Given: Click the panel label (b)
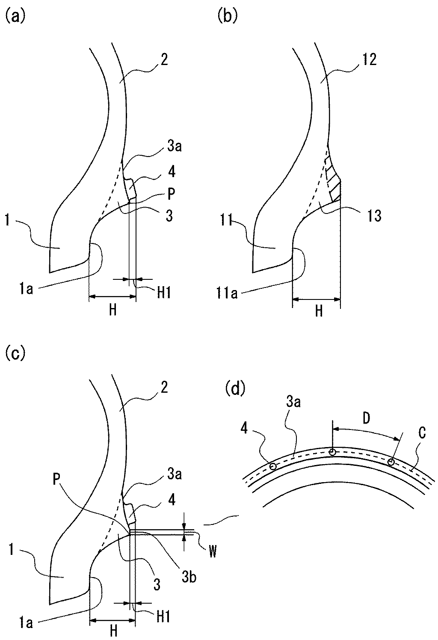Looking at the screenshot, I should point(227,17).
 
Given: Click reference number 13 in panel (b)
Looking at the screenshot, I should point(373,216).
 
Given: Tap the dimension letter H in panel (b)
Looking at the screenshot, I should point(319,311).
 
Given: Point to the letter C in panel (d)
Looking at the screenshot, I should point(421,433).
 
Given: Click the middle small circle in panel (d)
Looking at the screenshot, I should point(332,452).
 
